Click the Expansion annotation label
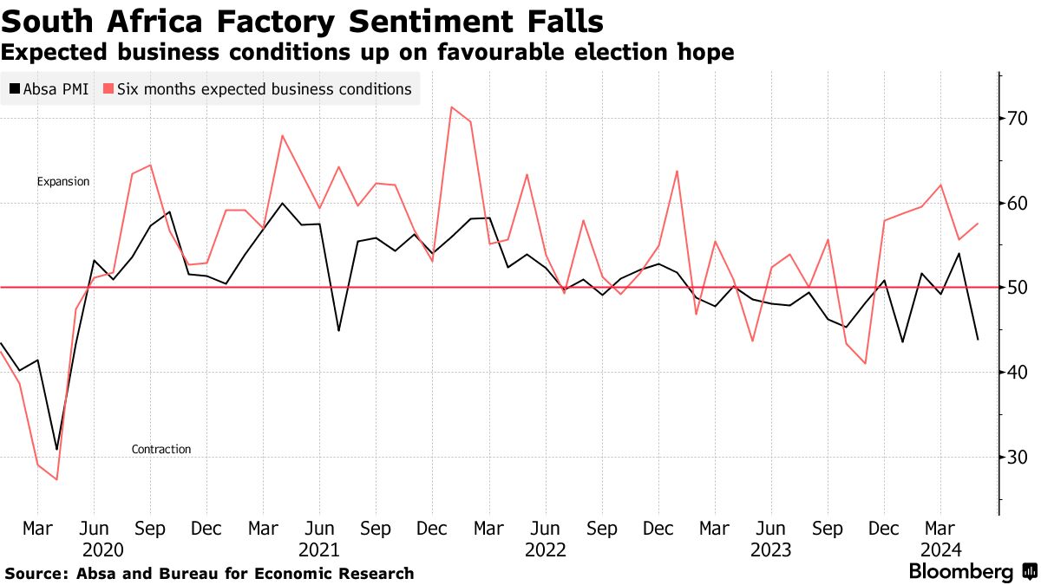[x=63, y=182]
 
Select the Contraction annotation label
[x=161, y=449]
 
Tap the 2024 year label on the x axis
[x=940, y=549]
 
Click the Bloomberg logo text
[x=960, y=572]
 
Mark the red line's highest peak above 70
[x=452, y=107]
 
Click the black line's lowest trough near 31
[x=57, y=449]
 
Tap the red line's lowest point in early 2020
[x=57, y=479]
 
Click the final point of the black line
[x=978, y=339]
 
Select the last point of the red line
[x=978, y=224]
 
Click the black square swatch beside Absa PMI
[x=15, y=88]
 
